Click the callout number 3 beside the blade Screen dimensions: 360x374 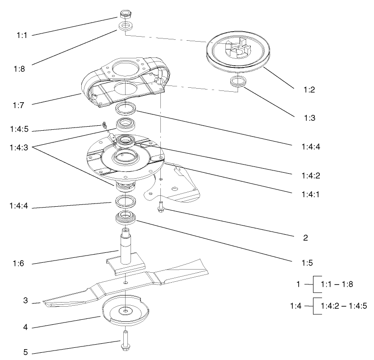(x=26, y=301)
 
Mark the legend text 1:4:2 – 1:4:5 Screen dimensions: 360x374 (x=344, y=306)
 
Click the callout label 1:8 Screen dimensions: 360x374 (x=19, y=69)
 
